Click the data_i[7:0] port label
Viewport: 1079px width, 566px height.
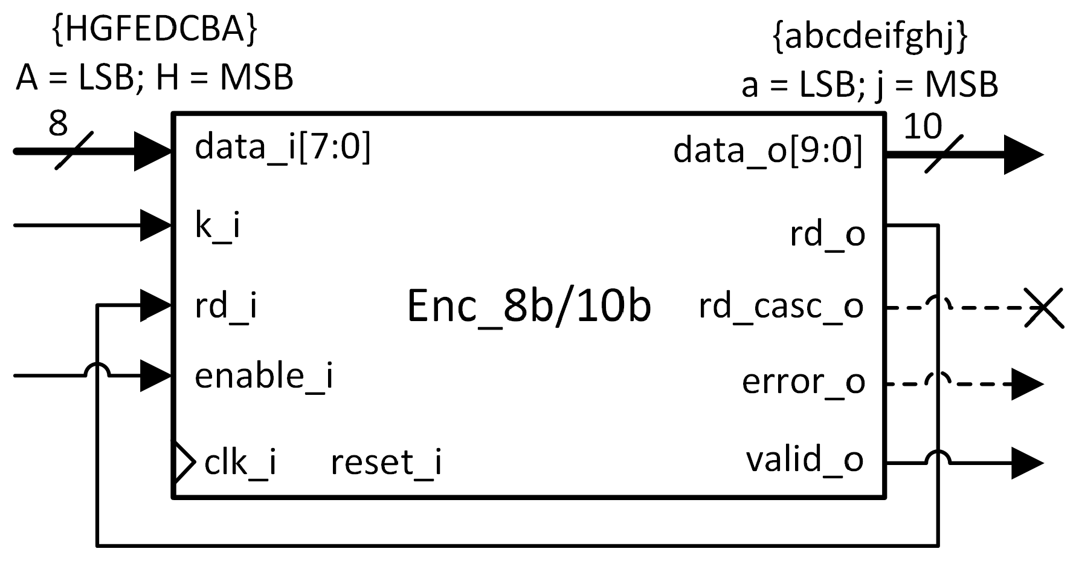point(282,147)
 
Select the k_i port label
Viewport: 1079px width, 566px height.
point(217,226)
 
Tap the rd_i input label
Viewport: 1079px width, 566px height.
point(226,306)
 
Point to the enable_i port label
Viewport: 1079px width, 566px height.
point(263,376)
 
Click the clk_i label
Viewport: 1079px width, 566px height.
point(240,463)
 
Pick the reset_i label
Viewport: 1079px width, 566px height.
point(386,463)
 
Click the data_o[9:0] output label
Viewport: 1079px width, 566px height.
point(768,150)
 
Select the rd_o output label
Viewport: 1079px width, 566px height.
point(828,234)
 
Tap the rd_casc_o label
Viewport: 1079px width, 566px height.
point(781,307)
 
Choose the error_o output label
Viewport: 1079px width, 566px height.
point(804,382)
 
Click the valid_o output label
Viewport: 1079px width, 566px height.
point(805,460)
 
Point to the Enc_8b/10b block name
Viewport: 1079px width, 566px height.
point(529,306)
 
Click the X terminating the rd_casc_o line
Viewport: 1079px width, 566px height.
point(1044,308)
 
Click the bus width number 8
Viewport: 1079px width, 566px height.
point(57,125)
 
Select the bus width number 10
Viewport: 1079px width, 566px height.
point(923,127)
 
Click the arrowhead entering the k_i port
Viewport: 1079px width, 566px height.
point(156,226)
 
